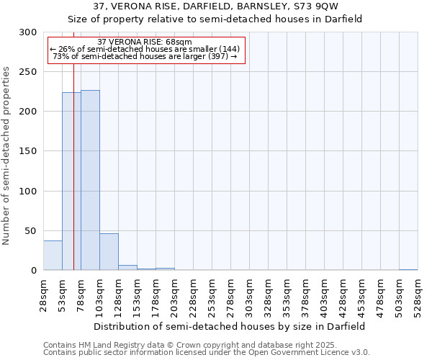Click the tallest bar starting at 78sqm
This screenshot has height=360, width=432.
90,180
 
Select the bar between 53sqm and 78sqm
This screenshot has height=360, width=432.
71,181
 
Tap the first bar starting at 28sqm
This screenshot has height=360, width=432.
53,256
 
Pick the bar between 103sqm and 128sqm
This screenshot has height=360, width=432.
109,252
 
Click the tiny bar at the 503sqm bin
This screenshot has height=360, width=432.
408,269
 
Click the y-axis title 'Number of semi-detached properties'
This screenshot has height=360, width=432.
7,156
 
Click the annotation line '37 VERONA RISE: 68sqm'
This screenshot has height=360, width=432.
145,42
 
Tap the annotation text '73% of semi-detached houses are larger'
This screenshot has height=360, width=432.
145,56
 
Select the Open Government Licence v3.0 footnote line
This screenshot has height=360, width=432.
207,353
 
